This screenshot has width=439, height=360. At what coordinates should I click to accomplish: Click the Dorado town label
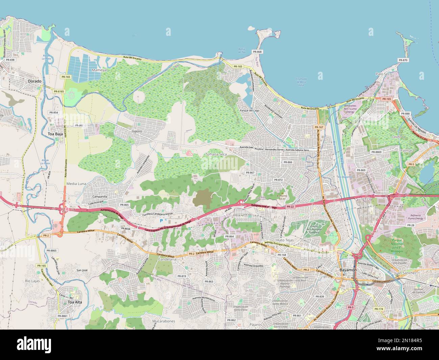click(35, 81)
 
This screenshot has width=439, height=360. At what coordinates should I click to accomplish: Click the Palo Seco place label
click(384, 73)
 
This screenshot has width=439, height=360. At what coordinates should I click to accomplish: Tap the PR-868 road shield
click(257, 52)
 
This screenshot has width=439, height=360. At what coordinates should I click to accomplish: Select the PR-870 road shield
click(403, 60)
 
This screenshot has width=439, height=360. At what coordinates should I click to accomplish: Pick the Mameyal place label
click(99, 70)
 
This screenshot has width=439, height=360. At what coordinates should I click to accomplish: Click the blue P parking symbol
click(161, 220)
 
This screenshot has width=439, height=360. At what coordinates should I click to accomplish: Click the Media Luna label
click(77, 183)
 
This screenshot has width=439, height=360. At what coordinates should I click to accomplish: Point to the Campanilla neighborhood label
click(100, 196)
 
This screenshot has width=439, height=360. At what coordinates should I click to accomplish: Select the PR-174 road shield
click(379, 309)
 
